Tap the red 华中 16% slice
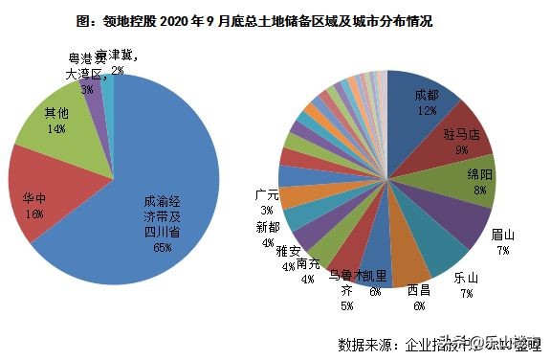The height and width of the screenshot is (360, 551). [x=38, y=205]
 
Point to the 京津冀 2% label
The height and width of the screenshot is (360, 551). [x=122, y=62]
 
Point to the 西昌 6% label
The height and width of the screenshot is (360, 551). [x=417, y=296]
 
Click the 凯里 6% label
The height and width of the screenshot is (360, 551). [x=375, y=283]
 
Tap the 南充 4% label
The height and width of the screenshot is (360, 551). [x=308, y=271]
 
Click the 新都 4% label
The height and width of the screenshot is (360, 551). [x=267, y=235]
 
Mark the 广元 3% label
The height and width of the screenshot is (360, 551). [x=266, y=201]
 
